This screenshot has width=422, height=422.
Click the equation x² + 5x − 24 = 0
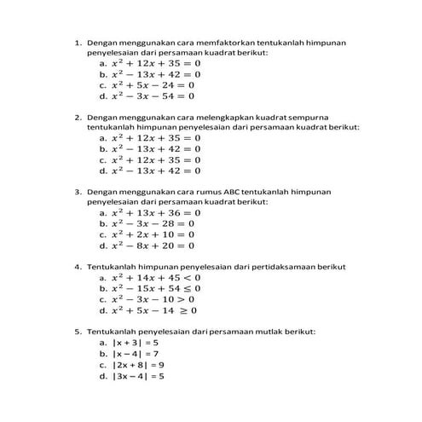coord(153,85)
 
